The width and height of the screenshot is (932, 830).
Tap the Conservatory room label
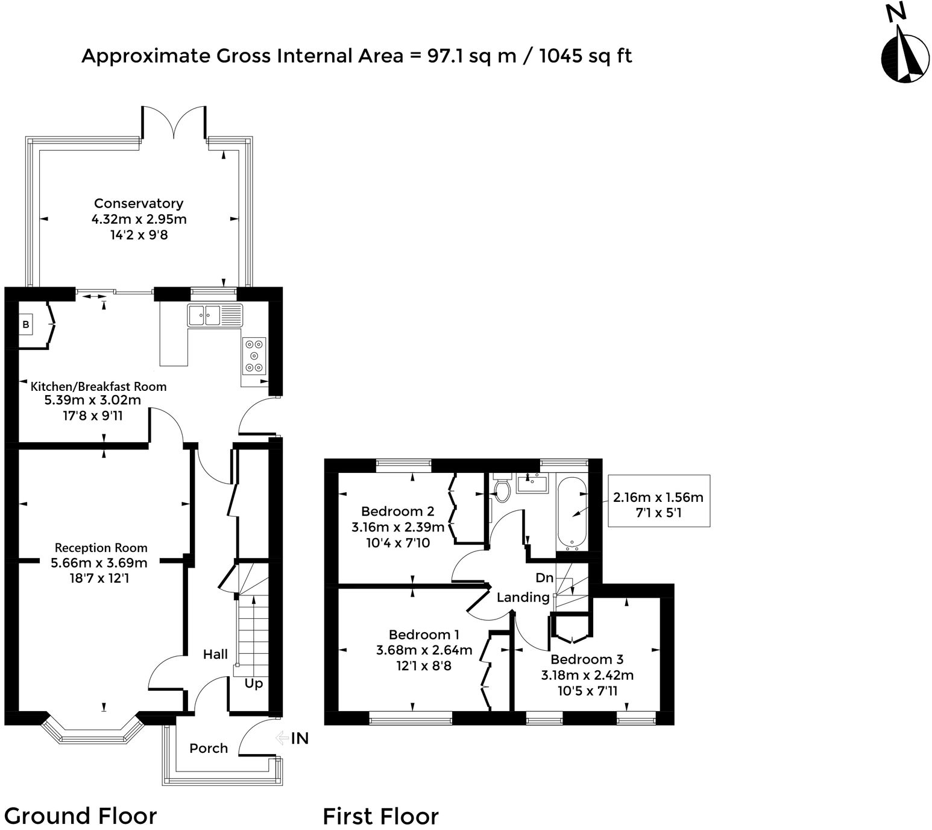click(138, 203)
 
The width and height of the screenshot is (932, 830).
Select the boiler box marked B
click(26, 325)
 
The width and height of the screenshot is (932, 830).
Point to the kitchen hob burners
click(254, 356)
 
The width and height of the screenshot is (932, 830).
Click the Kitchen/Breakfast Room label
click(98, 386)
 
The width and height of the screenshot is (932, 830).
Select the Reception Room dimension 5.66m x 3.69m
click(99, 563)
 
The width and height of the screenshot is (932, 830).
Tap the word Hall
click(215, 654)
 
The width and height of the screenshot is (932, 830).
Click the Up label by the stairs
click(254, 684)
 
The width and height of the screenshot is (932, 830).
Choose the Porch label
click(209, 748)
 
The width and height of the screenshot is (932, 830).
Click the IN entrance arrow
click(292, 738)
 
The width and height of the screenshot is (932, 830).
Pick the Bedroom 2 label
click(397, 512)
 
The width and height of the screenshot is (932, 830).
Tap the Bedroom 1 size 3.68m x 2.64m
click(424, 650)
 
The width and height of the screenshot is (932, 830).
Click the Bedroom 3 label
click(587, 659)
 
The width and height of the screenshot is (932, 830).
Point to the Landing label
click(523, 597)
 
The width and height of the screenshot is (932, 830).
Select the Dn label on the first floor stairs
click(544, 577)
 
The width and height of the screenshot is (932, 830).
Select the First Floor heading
click(380, 816)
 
